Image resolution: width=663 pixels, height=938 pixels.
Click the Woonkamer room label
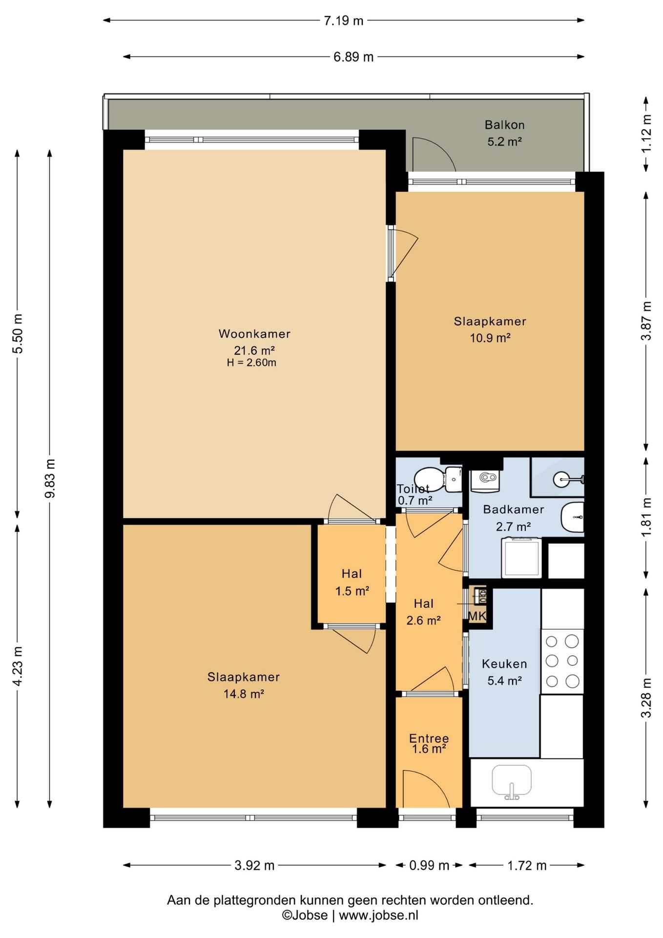point(254,334)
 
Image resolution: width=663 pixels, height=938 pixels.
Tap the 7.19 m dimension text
point(344,21)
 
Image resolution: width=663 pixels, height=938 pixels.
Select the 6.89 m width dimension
point(353,57)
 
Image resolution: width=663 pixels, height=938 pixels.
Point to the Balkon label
point(504,125)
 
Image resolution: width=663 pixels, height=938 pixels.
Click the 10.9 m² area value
point(490,338)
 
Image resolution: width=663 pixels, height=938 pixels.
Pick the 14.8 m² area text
point(244,694)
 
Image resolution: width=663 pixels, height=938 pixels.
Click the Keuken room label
point(504,664)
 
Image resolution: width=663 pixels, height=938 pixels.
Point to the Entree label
point(429,738)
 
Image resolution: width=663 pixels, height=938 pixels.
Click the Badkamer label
point(513,510)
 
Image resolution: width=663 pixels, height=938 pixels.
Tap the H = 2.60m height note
point(251,362)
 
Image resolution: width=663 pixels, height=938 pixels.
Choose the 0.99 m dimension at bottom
point(429,866)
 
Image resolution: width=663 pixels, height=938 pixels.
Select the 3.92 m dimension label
point(254,866)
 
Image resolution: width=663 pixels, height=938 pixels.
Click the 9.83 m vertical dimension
point(50,478)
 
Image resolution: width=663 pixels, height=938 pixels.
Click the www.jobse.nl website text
point(378,915)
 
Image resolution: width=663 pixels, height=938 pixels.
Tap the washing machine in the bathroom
point(521,557)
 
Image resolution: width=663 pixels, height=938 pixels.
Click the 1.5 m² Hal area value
point(352,591)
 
